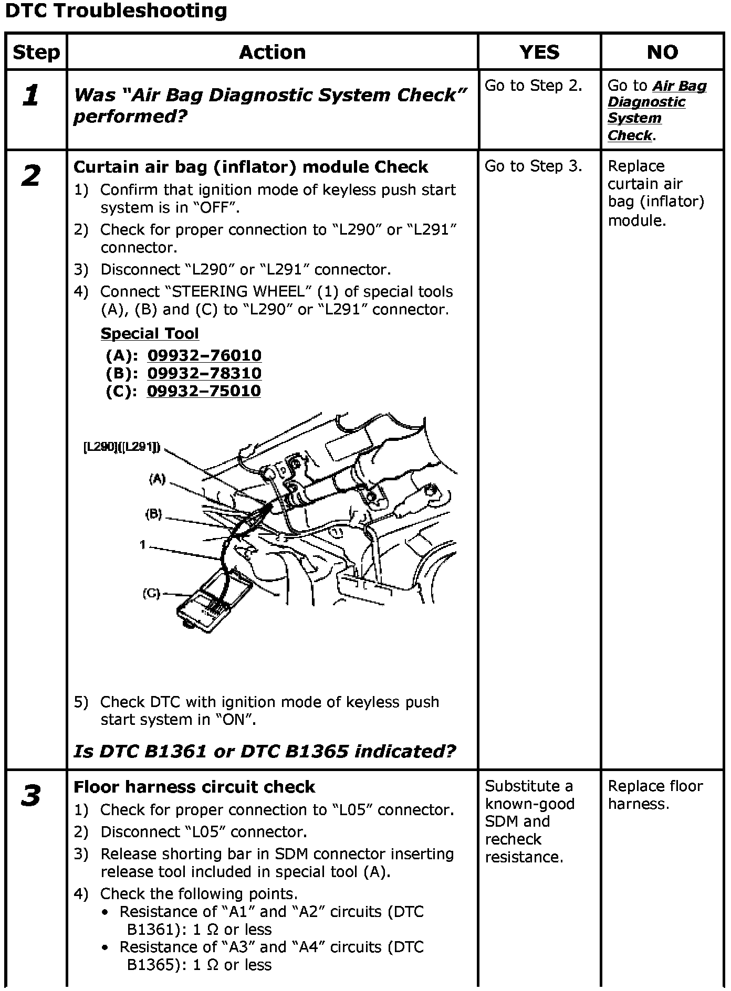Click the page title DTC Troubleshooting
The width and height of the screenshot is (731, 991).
[x=116, y=11]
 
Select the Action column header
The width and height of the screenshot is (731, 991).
[x=272, y=52]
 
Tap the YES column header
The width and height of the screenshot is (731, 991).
[x=539, y=52]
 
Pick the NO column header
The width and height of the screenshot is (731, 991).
[x=662, y=52]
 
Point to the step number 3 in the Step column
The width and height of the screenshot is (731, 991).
[x=31, y=795]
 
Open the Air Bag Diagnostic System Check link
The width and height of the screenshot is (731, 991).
[x=656, y=110]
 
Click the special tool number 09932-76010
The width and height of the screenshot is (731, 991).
[x=204, y=355]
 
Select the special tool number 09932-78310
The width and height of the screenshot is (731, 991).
[x=204, y=373]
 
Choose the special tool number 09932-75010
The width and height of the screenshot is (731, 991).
[x=204, y=391]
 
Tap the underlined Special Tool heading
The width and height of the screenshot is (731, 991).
[x=150, y=333]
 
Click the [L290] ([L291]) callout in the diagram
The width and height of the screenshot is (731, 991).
[x=122, y=447]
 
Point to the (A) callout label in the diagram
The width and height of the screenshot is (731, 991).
[x=158, y=479]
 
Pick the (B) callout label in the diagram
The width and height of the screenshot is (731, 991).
[x=153, y=514]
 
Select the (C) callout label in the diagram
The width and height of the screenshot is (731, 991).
[x=151, y=594]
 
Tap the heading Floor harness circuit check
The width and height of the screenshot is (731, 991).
[x=194, y=787]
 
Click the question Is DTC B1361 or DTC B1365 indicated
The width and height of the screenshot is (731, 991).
[x=265, y=751]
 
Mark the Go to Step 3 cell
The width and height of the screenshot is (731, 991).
[x=534, y=166]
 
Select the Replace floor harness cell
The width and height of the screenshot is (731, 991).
[x=655, y=795]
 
